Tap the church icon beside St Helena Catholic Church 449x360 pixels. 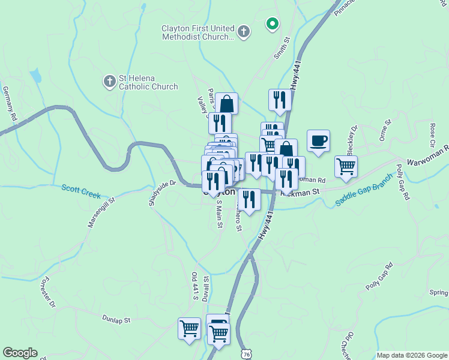[109, 80]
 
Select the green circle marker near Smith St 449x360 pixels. [273, 24]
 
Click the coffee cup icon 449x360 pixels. [318, 141]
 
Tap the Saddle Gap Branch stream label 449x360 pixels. [363, 190]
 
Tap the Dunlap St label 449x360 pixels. [116, 320]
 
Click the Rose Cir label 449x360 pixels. [432, 136]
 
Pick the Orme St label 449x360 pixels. [385, 131]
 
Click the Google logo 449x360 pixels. [20, 353]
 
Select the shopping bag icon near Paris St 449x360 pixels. [228, 103]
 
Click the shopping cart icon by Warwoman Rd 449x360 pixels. [346, 166]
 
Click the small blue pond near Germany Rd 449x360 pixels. [37, 75]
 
